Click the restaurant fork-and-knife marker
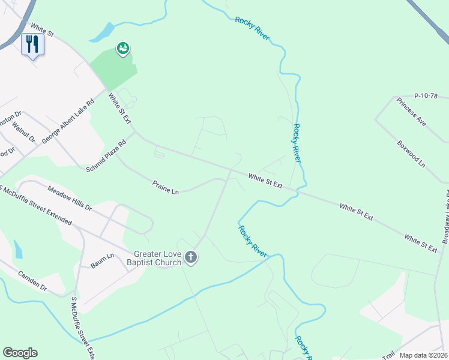pos(32,44)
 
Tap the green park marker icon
pos(123,49)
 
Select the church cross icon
pos(191,257)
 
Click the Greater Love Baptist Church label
pos(157,258)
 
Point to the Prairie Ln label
pos(166,187)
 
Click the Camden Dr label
pos(32,280)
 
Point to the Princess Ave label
pos(411,110)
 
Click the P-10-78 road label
pos(427,95)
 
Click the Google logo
pos(20,353)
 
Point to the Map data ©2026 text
pos(423,355)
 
